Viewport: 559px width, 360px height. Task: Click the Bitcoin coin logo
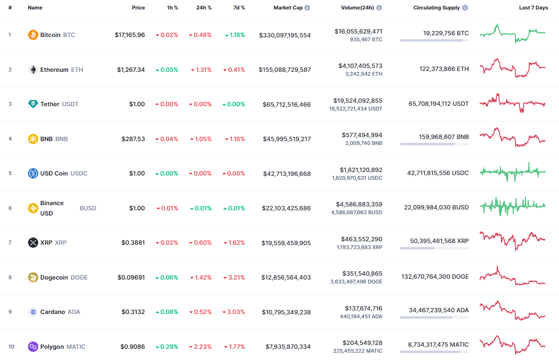click(33, 35)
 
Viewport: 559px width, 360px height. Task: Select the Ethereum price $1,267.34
click(131, 70)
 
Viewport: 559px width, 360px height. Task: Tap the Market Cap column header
click(288, 8)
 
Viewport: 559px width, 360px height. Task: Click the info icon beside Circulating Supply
click(465, 8)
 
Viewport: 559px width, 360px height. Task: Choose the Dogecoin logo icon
click(33, 277)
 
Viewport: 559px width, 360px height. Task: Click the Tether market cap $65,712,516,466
click(287, 105)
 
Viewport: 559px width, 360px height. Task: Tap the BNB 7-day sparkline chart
click(512, 138)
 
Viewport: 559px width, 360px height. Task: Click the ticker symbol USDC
click(79, 173)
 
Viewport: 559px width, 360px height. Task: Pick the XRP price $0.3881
click(133, 243)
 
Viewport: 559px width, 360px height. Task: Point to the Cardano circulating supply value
click(439, 310)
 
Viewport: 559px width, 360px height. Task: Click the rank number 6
click(10, 208)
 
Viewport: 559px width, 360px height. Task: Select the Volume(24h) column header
click(357, 8)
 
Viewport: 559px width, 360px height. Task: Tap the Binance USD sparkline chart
click(512, 206)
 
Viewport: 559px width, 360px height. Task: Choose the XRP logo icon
click(33, 243)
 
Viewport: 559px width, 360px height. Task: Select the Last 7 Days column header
click(533, 8)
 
